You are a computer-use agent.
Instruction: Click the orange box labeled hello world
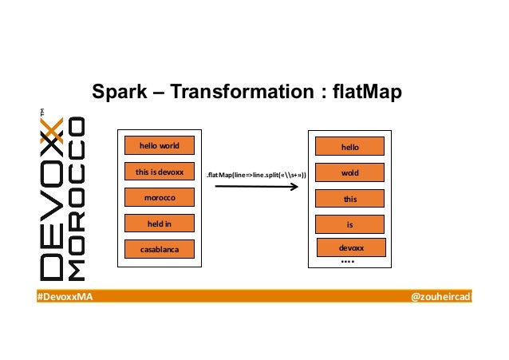pos(159,146)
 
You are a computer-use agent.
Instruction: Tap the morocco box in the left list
pos(159,197)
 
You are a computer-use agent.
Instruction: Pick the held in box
pos(159,224)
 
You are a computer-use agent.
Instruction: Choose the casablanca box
pos(159,250)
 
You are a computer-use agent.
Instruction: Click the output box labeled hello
pos(350,147)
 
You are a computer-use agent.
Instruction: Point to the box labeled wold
pos(350,172)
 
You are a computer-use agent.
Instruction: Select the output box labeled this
pos(350,199)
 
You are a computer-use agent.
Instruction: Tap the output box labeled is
pos(350,225)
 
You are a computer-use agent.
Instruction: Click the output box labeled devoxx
pos(350,248)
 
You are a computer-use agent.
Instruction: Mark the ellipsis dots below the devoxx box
pos(347,262)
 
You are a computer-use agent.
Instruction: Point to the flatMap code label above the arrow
pos(255,173)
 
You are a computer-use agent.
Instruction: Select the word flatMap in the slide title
pos(366,93)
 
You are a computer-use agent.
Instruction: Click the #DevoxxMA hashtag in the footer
pos(65,297)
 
